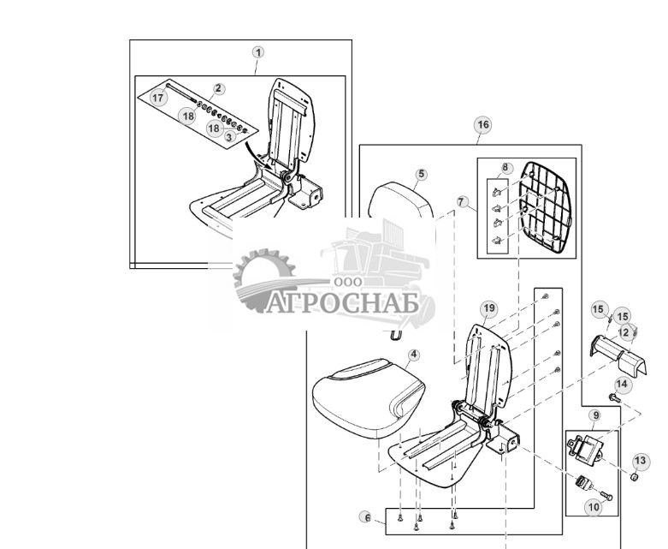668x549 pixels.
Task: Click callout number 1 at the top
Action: click(x=258, y=52)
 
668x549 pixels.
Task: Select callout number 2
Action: click(x=219, y=88)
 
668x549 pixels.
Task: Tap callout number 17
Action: click(x=158, y=98)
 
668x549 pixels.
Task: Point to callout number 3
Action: click(x=229, y=136)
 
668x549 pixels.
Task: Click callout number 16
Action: click(x=483, y=125)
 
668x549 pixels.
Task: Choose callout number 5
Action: click(x=421, y=174)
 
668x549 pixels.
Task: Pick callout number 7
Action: click(x=462, y=203)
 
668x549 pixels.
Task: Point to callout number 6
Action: click(x=367, y=517)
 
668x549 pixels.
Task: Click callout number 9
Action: click(x=594, y=415)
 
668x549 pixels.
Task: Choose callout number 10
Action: click(x=594, y=507)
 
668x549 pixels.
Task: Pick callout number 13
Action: click(x=641, y=461)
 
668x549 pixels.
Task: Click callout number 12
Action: click(x=624, y=331)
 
